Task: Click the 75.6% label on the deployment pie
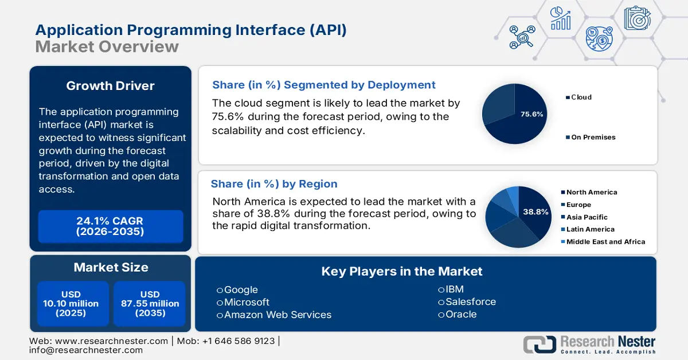[x=531, y=114]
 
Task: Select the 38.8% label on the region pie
[x=535, y=212]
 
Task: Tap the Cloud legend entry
[x=581, y=97]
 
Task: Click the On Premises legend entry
[x=593, y=138]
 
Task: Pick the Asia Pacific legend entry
[x=587, y=217]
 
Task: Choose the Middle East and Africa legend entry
[x=605, y=242]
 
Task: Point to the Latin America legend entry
[x=590, y=229]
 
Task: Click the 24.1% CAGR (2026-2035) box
[x=110, y=226]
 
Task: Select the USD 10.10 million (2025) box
[x=71, y=304]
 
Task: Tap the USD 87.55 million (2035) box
[x=150, y=304]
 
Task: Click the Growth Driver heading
[x=110, y=86]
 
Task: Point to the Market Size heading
[x=111, y=267]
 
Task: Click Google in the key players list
[x=241, y=290]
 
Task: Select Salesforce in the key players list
[x=470, y=302]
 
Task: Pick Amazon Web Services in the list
[x=277, y=315]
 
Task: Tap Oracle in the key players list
[x=460, y=314]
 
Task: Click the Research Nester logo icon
[x=539, y=344]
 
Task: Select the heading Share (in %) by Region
[x=274, y=184]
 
